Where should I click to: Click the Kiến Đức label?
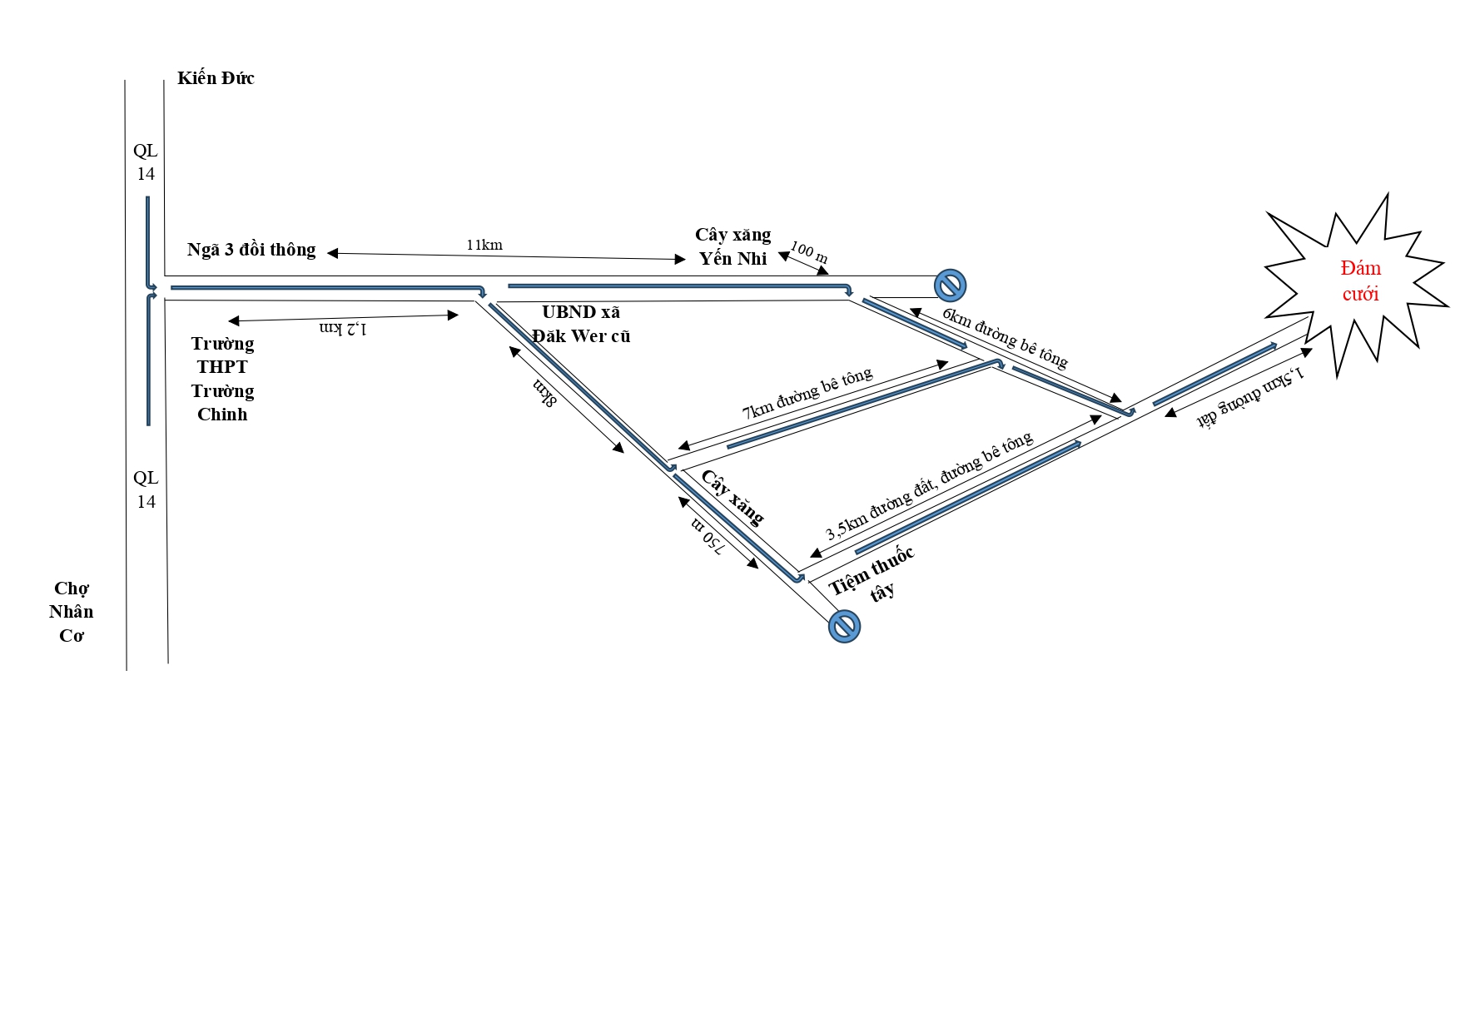(216, 78)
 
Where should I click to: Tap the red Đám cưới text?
(1360, 281)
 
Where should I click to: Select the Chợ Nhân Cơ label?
(72, 612)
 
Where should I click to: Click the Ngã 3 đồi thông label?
(251, 250)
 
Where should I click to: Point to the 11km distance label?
(484, 245)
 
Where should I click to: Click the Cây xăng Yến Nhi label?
(733, 246)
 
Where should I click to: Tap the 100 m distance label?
(808, 252)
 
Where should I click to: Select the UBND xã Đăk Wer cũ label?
(581, 324)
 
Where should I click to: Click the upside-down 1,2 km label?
(343, 328)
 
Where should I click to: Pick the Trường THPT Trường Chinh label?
(222, 379)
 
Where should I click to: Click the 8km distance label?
(544, 393)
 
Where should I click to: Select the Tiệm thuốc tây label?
(872, 576)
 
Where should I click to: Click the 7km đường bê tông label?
(807, 392)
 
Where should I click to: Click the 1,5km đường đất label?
(1249, 396)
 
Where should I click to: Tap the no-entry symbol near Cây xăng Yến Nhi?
(950, 286)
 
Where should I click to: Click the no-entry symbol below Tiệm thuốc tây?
(844, 626)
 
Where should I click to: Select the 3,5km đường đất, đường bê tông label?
(929, 486)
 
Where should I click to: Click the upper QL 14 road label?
(146, 162)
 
